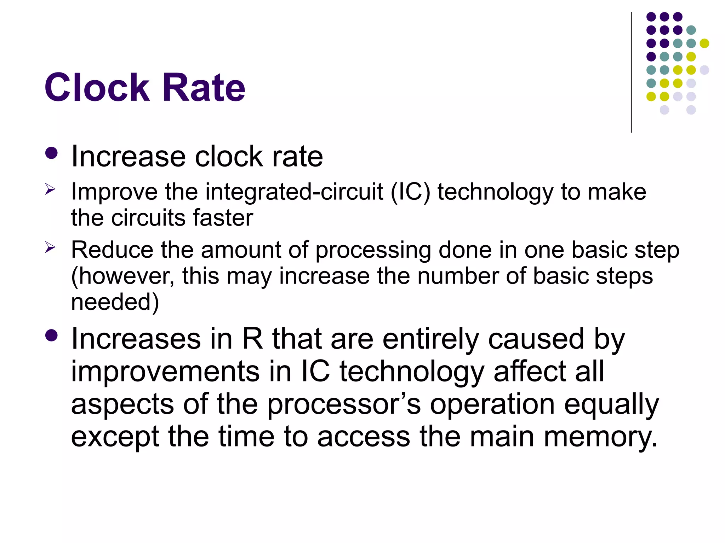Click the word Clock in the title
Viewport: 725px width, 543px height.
pyautogui.click(x=97, y=87)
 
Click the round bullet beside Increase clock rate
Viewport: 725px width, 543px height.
pyautogui.click(x=52, y=154)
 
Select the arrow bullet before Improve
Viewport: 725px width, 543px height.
pyautogui.click(x=50, y=190)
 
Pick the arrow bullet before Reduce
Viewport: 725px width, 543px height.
pyautogui.click(x=50, y=248)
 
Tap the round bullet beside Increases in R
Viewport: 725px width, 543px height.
pyautogui.click(x=52, y=336)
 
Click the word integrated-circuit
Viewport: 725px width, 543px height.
pyautogui.click(x=294, y=192)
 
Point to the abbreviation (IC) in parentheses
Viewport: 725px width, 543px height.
pyautogui.click(x=410, y=192)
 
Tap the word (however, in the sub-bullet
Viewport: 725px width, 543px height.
pyautogui.click(x=122, y=276)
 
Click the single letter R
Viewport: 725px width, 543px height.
pyautogui.click(x=252, y=339)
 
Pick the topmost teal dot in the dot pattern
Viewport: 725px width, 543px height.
pyautogui.click(x=691, y=30)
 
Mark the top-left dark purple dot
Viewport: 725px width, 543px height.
pyautogui.click(x=651, y=17)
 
